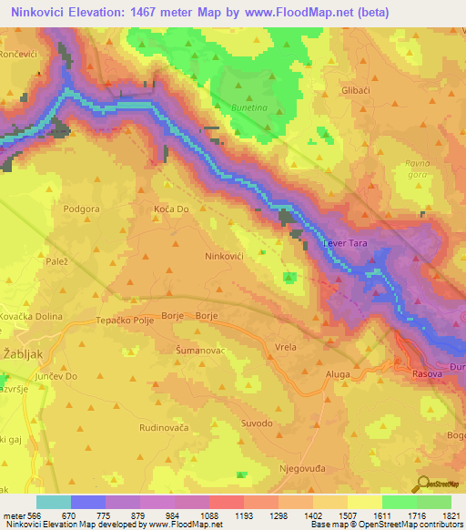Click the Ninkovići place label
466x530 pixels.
[x=223, y=258]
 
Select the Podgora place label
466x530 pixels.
[x=80, y=209]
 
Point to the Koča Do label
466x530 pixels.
[x=170, y=209]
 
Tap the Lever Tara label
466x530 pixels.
[x=346, y=244]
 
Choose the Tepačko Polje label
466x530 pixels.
[x=124, y=321]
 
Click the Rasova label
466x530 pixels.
[x=427, y=374]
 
